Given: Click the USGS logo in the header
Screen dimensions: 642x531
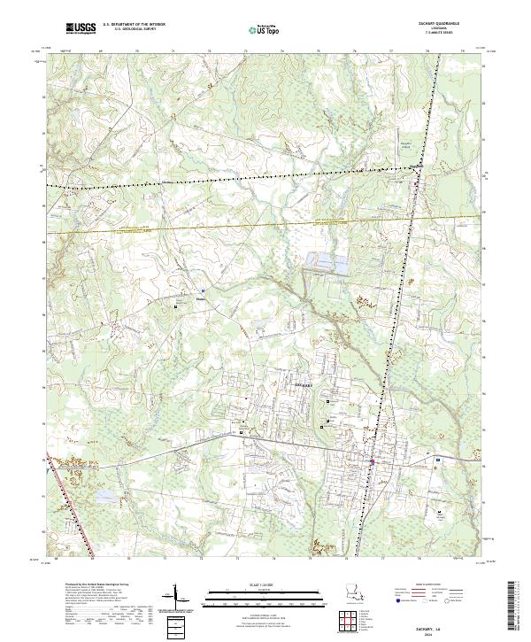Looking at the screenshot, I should (x=81, y=28).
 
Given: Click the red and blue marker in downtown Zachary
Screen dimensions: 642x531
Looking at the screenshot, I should (x=373, y=461).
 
